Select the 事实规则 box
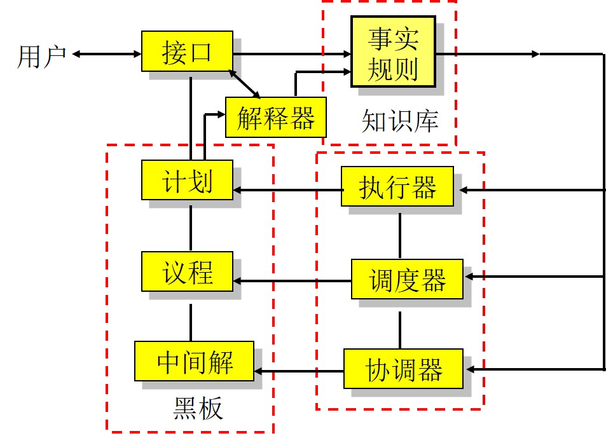(x=393, y=51)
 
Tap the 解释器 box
(x=275, y=116)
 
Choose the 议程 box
(x=187, y=271)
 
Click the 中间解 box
(x=194, y=361)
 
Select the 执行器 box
(x=397, y=186)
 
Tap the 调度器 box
(x=408, y=279)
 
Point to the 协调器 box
(x=403, y=369)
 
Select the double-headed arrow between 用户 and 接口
(x=107, y=54)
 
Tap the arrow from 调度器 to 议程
(x=293, y=280)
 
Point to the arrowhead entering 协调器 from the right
(x=468, y=369)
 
